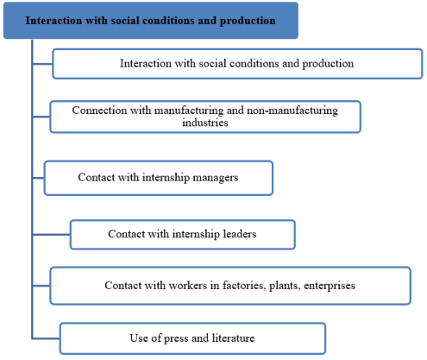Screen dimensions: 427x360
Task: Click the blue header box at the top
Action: pyautogui.click(x=151, y=21)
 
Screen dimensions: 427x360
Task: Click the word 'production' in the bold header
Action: pyautogui.click(x=248, y=22)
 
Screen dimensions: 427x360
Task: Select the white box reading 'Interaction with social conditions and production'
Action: pyautogui.click(x=237, y=64)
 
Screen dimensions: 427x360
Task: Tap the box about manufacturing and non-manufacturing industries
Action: pyautogui.click(x=205, y=117)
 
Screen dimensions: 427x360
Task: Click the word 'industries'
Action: pyautogui.click(x=205, y=123)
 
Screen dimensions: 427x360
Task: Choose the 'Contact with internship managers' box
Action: pyautogui.click(x=159, y=178)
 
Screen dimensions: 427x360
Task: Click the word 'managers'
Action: pyautogui.click(x=216, y=178)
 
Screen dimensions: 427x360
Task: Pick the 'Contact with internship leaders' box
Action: pyautogui.click(x=183, y=235)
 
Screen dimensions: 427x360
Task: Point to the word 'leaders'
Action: pyautogui.click(x=240, y=234)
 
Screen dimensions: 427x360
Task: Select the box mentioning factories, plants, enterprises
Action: pyautogui.click(x=230, y=286)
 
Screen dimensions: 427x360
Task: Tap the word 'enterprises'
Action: pyautogui.click(x=330, y=286)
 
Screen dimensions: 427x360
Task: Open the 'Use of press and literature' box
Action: pyautogui.click(x=192, y=338)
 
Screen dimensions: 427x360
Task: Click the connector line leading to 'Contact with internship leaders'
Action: pyautogui.click(x=52, y=235)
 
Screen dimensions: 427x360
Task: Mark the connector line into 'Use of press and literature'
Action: pyautogui.click(x=46, y=338)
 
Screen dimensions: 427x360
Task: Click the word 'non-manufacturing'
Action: pyautogui.click(x=292, y=111)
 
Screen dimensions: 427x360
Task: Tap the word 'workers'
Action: pyautogui.click(x=188, y=286)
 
